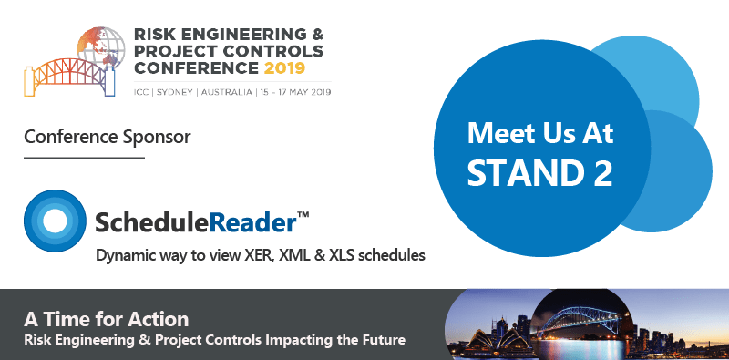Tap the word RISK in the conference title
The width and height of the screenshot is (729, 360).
click(156, 34)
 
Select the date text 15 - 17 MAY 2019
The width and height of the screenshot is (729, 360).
click(297, 92)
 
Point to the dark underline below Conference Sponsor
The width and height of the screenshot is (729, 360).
click(84, 158)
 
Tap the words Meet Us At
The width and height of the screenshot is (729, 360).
click(540, 134)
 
